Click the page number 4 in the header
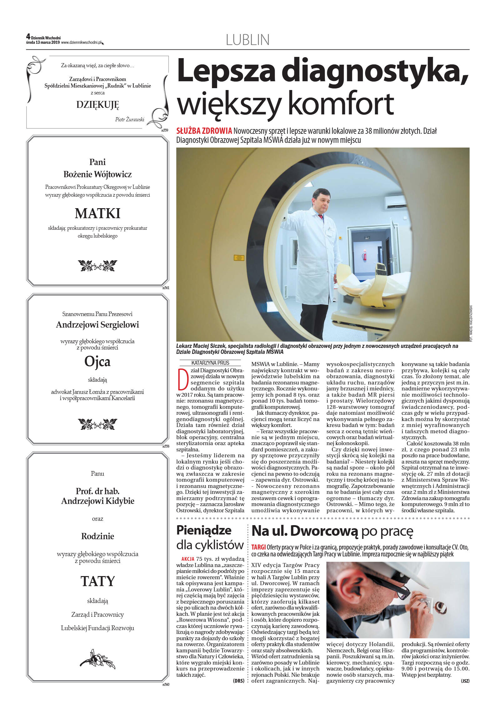(x=28, y=37)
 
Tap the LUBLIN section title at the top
(x=247, y=40)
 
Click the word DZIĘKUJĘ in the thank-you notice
(x=98, y=105)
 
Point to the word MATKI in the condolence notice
(x=98, y=213)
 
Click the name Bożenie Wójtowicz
(x=98, y=174)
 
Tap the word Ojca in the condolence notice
(x=98, y=362)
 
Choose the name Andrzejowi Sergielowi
(x=98, y=325)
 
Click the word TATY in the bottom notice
(x=98, y=581)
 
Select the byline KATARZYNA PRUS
(x=210, y=363)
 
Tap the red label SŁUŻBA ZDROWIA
(x=204, y=131)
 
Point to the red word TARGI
(x=259, y=547)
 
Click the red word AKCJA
(x=188, y=559)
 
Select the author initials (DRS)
(x=238, y=680)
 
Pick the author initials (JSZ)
(x=465, y=680)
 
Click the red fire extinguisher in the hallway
(x=363, y=257)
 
